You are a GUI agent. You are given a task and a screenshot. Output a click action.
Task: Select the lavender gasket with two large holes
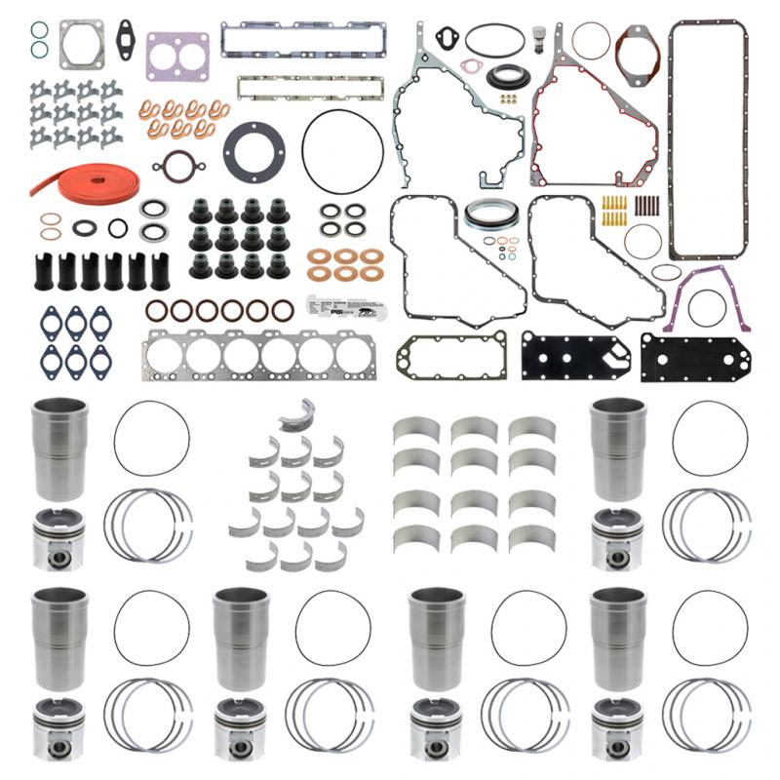(176, 56)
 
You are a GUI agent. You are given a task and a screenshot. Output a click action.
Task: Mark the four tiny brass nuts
(507, 97)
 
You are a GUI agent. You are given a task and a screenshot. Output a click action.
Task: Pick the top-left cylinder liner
(60, 448)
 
